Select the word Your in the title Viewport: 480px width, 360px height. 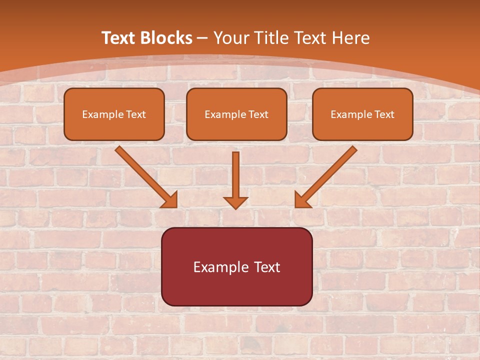(233, 38)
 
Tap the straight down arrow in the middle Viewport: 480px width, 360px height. (235, 175)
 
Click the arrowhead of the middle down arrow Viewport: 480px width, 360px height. (235, 202)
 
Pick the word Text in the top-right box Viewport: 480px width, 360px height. (384, 114)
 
